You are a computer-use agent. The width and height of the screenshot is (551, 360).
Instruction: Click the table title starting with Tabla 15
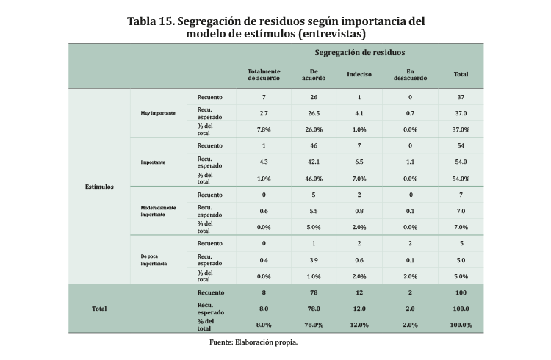pyautogui.click(x=275, y=27)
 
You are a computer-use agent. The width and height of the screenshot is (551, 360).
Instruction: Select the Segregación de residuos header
pyautogui.click(x=360, y=53)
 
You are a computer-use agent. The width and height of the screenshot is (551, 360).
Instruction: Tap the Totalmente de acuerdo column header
pyautogui.click(x=264, y=75)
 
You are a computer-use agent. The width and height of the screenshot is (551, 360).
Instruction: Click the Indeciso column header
pyautogui.click(x=359, y=75)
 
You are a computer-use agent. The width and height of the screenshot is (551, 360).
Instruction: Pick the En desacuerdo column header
pyautogui.click(x=411, y=75)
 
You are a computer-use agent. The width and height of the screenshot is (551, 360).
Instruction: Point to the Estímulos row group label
pyautogui.click(x=99, y=187)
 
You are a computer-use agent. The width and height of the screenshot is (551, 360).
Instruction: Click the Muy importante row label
pyautogui.click(x=156, y=113)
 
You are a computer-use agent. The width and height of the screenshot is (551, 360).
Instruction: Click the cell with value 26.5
pyautogui.click(x=314, y=114)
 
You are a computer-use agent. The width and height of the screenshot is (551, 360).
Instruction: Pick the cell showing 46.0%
pyautogui.click(x=314, y=179)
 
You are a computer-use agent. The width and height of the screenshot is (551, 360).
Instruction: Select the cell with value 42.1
pyautogui.click(x=314, y=162)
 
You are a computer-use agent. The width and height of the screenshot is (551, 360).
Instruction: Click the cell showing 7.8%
pyautogui.click(x=264, y=130)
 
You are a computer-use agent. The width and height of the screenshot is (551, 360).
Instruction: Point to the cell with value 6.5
pyautogui.click(x=359, y=162)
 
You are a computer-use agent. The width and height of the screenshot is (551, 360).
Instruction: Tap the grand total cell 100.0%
pyautogui.click(x=461, y=325)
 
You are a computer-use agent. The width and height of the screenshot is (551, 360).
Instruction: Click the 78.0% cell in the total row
pyautogui.click(x=314, y=325)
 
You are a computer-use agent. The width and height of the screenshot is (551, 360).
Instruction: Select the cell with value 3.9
pyautogui.click(x=314, y=260)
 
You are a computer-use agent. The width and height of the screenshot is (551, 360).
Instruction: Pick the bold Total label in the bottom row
pyautogui.click(x=99, y=309)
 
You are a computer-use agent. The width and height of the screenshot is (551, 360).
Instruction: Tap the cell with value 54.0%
pyautogui.click(x=461, y=179)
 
